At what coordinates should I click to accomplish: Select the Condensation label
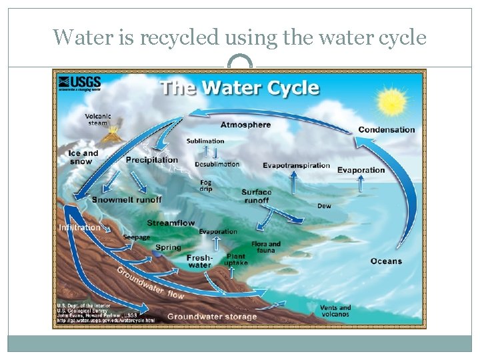[386, 129]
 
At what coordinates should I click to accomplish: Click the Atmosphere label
[245, 125]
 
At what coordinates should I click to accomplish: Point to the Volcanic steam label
[97, 119]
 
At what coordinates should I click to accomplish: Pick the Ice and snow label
[83, 157]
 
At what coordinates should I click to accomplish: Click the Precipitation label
[152, 160]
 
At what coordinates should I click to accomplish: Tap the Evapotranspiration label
[296, 165]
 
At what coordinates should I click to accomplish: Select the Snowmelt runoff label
[127, 199]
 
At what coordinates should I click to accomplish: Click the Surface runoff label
[256, 196]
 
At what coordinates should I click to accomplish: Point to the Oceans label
[386, 261]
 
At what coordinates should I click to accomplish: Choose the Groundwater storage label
[211, 316]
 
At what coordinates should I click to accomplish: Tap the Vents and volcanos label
[335, 311]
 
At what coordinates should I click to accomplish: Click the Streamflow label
[171, 223]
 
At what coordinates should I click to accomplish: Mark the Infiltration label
[80, 227]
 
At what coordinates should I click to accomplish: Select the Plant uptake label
[236, 259]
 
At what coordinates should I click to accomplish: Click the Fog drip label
[206, 185]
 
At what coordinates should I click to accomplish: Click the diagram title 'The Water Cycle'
[239, 88]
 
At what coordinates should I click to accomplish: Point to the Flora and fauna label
[266, 247]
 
